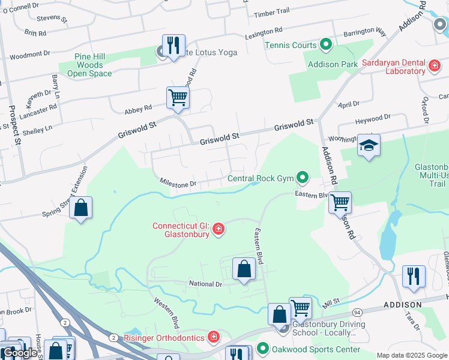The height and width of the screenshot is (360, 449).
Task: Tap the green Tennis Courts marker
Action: (x=325, y=45)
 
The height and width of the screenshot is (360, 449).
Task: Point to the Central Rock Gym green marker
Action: (x=303, y=178)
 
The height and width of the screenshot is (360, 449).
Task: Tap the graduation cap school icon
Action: (x=369, y=146)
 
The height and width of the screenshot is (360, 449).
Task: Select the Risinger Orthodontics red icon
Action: (x=212, y=337)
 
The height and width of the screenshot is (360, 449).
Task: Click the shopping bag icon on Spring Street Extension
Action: (x=81, y=209)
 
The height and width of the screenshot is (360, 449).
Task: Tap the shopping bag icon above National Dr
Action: (x=244, y=269)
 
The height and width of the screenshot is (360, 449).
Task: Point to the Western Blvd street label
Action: (x=166, y=313)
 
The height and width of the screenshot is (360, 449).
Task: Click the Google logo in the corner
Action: (x=19, y=353)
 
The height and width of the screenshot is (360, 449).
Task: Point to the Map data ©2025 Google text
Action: (x=412, y=355)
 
